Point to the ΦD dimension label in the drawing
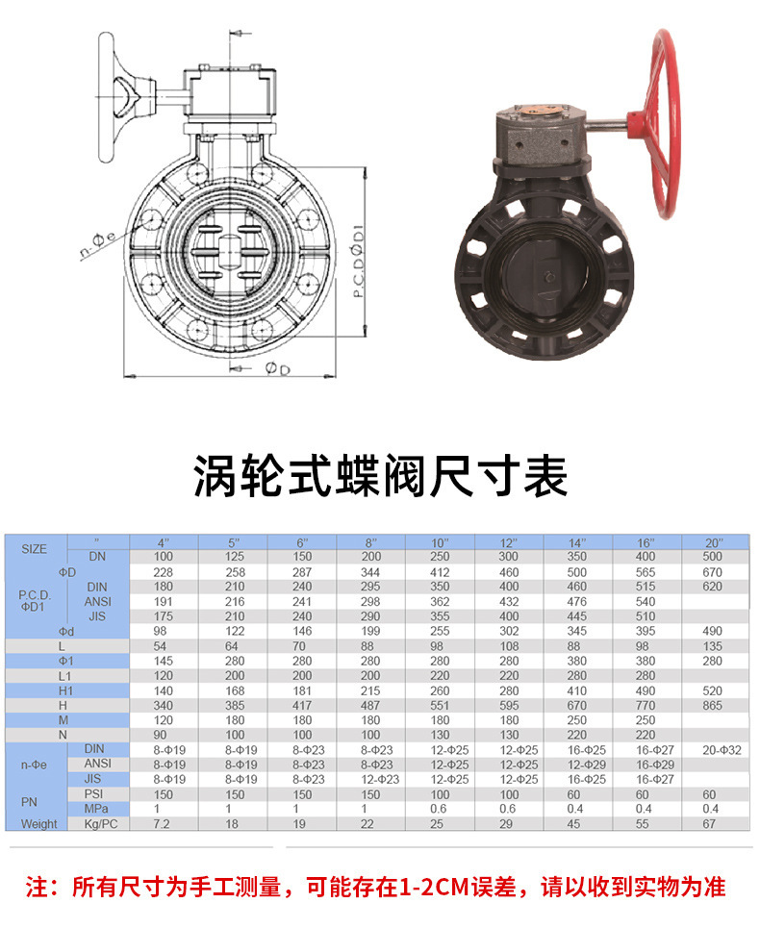coord(277,368)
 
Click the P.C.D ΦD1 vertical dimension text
coord(358,261)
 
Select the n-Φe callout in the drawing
coord(98,245)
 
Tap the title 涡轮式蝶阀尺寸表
coord(380,476)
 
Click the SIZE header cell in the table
coord(35,549)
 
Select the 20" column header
coord(714,542)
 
